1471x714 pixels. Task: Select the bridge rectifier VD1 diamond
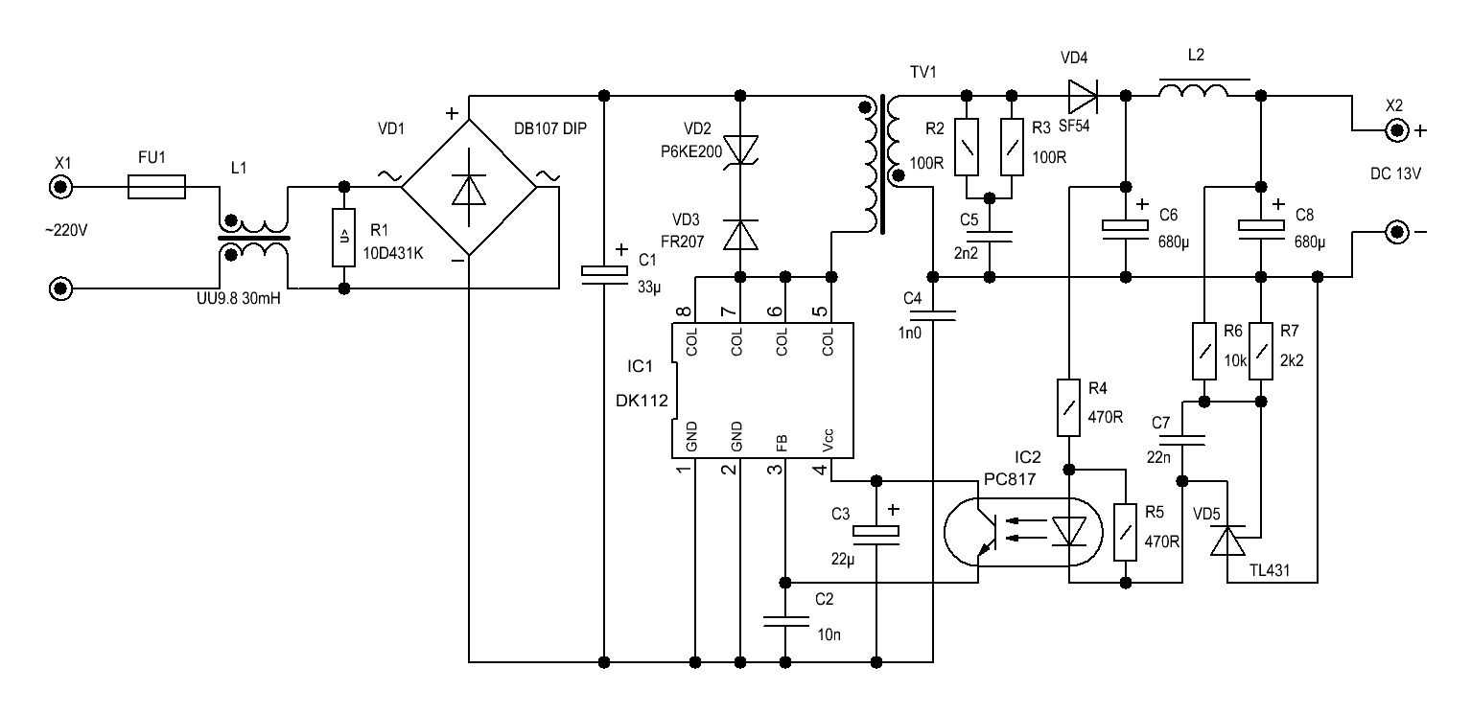click(469, 190)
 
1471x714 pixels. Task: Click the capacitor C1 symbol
click(603, 273)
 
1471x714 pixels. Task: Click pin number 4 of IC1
click(818, 470)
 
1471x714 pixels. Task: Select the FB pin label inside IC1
click(782, 443)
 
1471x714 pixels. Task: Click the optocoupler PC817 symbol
click(1021, 530)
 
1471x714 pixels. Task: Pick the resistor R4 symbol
click(1069, 406)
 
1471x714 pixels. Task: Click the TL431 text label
click(1269, 570)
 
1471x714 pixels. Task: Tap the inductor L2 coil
click(1192, 93)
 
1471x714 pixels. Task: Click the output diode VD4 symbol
click(1081, 94)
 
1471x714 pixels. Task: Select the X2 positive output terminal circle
click(1394, 130)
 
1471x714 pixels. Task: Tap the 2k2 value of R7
click(1292, 361)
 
